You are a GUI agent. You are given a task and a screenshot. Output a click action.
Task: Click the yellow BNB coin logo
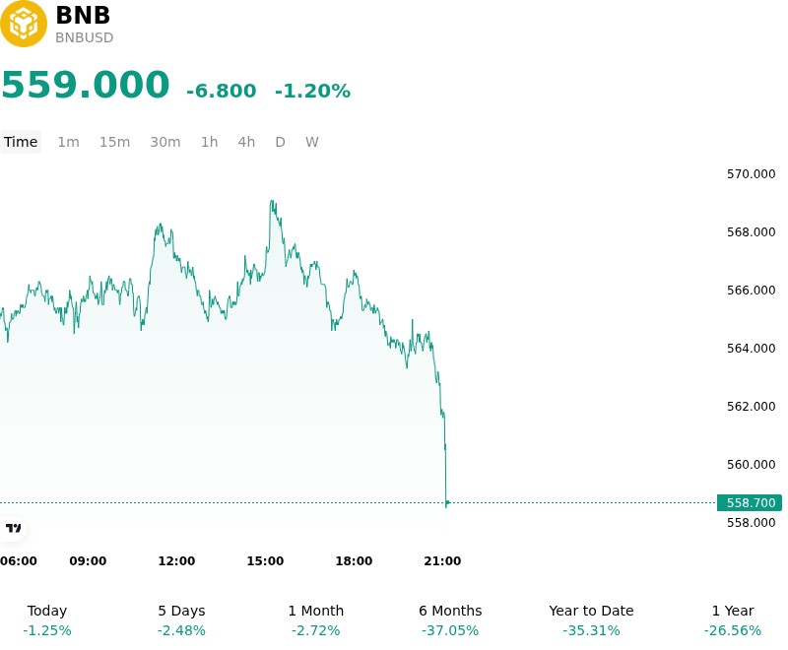[x=23, y=24]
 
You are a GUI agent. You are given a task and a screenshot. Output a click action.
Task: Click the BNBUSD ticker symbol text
[x=85, y=37]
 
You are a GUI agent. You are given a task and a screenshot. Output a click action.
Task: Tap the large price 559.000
[x=86, y=85]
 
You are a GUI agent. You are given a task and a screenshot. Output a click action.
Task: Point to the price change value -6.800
[x=221, y=91]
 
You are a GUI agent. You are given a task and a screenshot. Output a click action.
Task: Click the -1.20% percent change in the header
[x=312, y=91]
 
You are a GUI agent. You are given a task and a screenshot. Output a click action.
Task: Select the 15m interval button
[x=114, y=142]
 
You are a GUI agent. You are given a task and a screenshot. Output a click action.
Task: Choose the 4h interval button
[x=246, y=142]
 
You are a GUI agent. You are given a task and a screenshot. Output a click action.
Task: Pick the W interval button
[x=311, y=142]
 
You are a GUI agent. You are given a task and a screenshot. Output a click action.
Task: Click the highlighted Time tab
[x=21, y=142]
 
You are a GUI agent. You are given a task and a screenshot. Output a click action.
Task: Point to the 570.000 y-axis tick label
[x=751, y=174]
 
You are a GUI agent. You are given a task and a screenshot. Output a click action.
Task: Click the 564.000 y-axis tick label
[x=751, y=348]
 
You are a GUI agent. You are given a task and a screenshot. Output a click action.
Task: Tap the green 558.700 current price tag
[x=750, y=503]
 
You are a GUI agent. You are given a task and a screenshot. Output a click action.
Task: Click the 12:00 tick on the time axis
[x=176, y=561]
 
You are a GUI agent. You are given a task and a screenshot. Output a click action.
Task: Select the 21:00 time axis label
[x=442, y=561]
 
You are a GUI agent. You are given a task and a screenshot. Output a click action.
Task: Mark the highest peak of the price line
[x=272, y=201]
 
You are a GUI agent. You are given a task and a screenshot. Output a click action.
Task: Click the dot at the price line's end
[x=447, y=502]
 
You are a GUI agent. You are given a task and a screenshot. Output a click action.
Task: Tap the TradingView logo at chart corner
[x=13, y=528]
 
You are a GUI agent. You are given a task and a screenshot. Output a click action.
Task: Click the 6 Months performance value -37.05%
[x=450, y=630]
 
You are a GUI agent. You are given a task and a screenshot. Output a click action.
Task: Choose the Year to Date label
[x=591, y=611]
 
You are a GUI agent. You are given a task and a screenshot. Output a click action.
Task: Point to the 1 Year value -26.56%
[x=733, y=630]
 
